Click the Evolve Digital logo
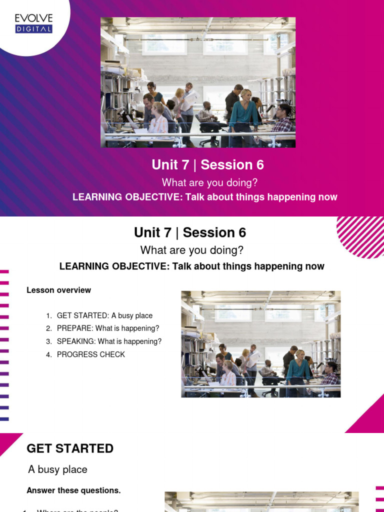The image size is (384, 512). [x=33, y=23]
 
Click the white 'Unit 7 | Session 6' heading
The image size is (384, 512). [x=207, y=165]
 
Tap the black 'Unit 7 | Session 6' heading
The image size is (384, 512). [x=190, y=232]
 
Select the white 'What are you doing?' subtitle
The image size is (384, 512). [x=209, y=182]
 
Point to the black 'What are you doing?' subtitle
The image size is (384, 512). [x=192, y=250]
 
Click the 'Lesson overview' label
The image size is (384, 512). [x=58, y=290]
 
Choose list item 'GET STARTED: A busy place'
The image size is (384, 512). [x=104, y=315]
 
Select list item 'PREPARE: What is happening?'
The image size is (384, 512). [x=108, y=328]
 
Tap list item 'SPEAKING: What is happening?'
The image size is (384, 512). [x=109, y=341]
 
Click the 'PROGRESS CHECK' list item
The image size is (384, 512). [x=91, y=354]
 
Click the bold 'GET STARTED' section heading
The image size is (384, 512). [x=70, y=448]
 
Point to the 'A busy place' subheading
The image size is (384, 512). [x=57, y=469]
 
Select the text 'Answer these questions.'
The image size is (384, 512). [x=73, y=490]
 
